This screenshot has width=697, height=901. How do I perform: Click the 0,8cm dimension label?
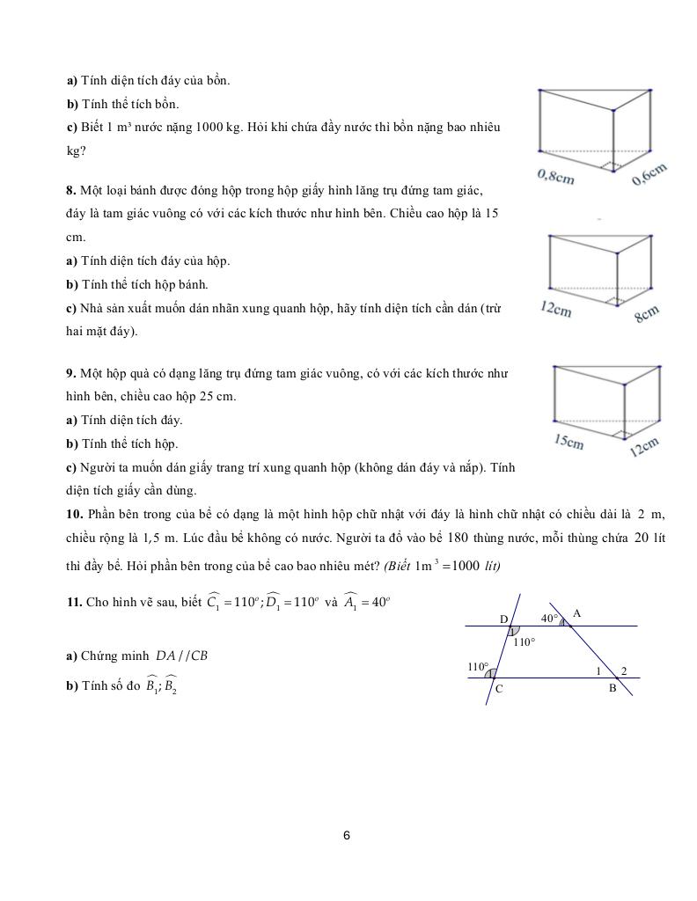(x=555, y=177)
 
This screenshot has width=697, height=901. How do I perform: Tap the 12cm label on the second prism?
(x=556, y=310)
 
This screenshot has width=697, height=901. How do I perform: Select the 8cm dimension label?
(x=647, y=313)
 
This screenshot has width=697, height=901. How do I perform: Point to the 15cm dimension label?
(x=569, y=442)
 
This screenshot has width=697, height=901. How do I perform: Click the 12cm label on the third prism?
(x=644, y=447)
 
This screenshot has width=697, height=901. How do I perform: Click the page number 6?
(x=347, y=835)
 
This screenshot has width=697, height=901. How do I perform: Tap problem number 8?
(x=71, y=190)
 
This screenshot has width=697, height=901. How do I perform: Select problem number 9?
(x=71, y=373)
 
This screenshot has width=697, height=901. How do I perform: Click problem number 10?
(x=74, y=513)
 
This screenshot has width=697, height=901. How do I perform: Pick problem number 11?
(x=74, y=603)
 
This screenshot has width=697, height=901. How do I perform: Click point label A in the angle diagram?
(x=577, y=612)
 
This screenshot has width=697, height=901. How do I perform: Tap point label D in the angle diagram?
(x=503, y=619)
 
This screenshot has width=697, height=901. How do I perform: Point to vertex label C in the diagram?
(x=498, y=689)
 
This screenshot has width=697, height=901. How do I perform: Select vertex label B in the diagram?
(x=613, y=688)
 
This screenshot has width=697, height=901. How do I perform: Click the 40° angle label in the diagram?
(x=550, y=618)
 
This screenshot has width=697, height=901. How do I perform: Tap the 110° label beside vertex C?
(x=478, y=667)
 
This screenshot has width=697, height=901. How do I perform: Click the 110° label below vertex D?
(x=525, y=642)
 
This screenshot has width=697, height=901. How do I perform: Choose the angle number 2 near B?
(x=624, y=671)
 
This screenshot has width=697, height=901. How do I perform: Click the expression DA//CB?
(x=181, y=656)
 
